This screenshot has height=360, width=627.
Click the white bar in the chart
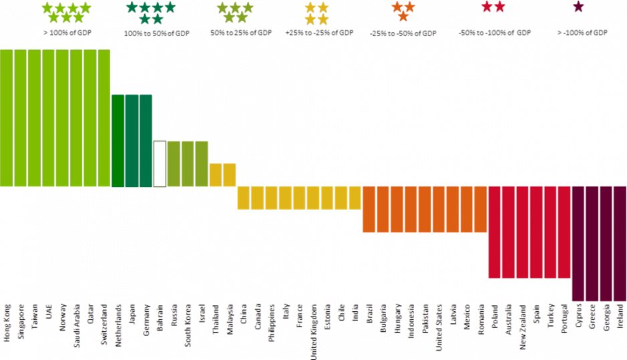coord(160,164)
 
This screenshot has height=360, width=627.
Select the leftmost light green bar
coord(7,117)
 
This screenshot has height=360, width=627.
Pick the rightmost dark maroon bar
coord(620,244)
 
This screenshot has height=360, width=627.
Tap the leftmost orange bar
coord(369,209)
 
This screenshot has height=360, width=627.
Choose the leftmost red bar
coord(495,232)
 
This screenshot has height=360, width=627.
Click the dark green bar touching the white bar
coord(146,140)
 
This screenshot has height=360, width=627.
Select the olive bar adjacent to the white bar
coord(174,164)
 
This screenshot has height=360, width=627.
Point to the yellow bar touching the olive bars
coord(216,175)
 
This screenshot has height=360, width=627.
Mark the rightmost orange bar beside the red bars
coord(481,209)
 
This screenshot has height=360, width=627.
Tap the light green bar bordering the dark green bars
coord(103,117)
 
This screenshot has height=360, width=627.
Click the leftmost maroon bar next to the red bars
coord(578,244)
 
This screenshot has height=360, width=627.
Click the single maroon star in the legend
coord(578,7)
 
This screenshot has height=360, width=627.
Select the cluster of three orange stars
coord(403,10)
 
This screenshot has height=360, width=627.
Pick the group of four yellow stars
coord(317,13)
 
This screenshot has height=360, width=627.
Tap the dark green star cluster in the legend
coord(151,12)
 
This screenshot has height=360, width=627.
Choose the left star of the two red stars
coord(487,7)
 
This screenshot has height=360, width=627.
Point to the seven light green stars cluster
coord(66,12)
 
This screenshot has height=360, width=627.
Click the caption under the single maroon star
coord(582,32)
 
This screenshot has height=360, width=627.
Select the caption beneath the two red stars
coord(495,32)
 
